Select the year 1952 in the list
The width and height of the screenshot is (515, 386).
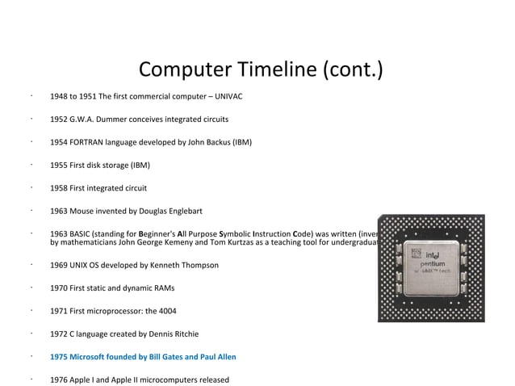click(x=59, y=120)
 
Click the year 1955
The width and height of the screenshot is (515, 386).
click(x=59, y=166)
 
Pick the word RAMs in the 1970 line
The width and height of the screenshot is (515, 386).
click(x=164, y=288)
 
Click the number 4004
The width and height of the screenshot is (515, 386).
click(x=165, y=311)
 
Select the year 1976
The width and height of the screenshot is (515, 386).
click(x=59, y=380)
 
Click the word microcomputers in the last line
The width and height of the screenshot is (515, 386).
click(x=170, y=380)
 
